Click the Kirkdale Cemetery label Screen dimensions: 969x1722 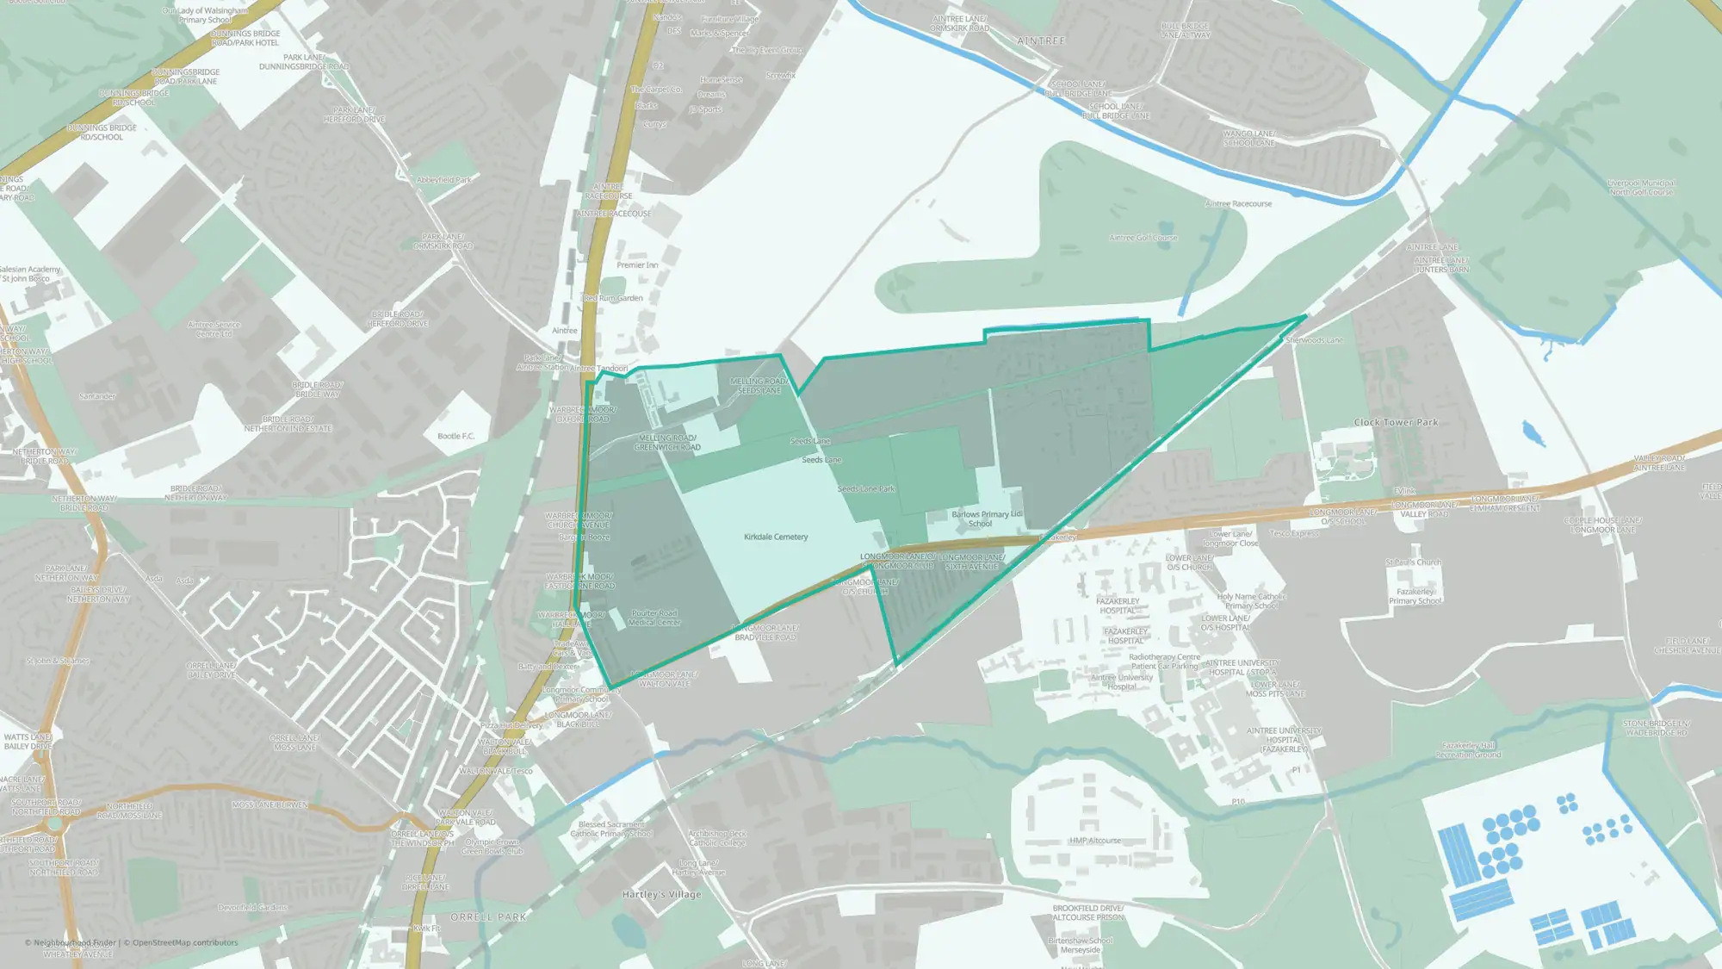(776, 537)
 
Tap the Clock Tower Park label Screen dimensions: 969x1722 (1396, 422)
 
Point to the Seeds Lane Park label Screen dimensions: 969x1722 (866, 489)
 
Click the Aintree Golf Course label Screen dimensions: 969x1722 (1143, 238)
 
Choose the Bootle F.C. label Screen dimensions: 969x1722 (455, 436)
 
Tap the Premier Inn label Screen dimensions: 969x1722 (637, 265)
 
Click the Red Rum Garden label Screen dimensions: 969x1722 (613, 298)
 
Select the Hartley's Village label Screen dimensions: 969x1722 (661, 894)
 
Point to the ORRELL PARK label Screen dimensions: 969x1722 (488, 917)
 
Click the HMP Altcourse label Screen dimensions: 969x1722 (1095, 841)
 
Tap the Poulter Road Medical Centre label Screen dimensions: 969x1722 (654, 618)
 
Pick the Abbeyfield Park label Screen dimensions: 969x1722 (444, 180)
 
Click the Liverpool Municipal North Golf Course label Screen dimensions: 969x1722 (1641, 187)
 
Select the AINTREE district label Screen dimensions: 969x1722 (1041, 41)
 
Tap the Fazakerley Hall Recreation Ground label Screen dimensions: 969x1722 (1468, 749)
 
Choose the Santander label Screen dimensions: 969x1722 (97, 396)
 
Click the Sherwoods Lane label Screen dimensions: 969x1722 (1314, 340)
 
